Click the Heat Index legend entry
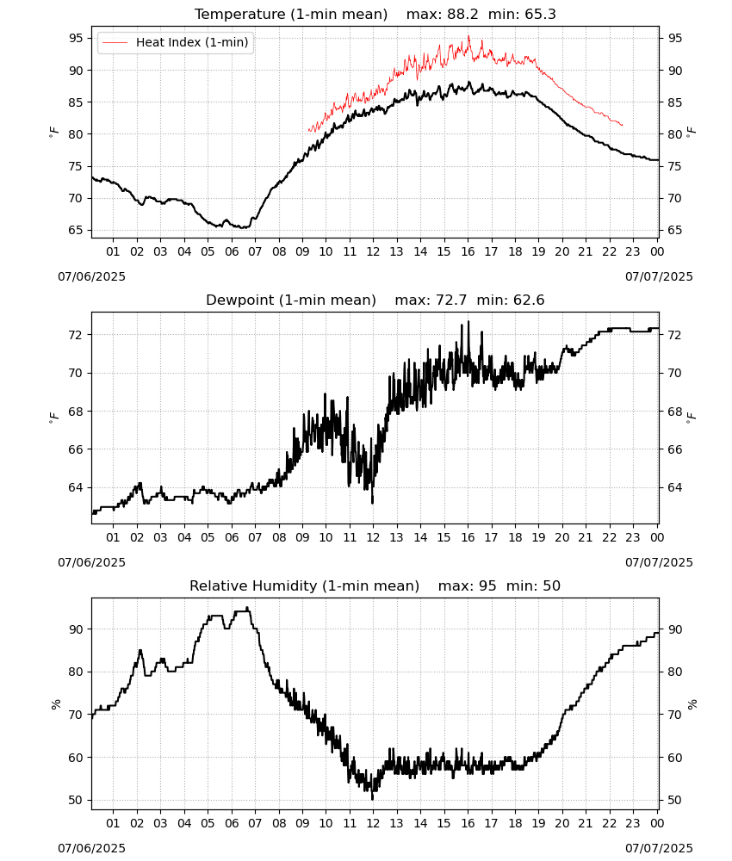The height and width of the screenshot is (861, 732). [176, 42]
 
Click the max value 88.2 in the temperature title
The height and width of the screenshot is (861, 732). [463, 15]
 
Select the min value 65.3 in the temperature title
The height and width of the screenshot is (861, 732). [540, 15]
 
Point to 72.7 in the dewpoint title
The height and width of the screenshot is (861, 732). [451, 300]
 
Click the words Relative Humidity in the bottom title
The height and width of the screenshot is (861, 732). [254, 585]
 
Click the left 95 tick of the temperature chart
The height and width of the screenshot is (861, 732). [77, 39]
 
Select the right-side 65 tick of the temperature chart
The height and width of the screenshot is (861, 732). [675, 230]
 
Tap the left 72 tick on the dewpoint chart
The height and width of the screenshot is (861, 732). [77, 335]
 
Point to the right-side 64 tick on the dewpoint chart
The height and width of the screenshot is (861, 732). [675, 487]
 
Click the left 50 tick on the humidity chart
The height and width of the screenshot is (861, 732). [77, 800]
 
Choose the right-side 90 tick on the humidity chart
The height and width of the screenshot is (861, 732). [675, 629]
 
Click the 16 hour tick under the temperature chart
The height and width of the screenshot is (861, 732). [468, 251]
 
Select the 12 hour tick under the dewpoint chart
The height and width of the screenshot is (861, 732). [374, 537]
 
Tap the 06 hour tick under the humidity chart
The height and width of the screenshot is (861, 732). [232, 823]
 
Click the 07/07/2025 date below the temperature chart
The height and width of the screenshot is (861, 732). [659, 276]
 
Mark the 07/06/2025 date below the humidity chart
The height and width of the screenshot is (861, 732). [91, 848]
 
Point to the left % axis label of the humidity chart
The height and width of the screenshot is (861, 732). [56, 704]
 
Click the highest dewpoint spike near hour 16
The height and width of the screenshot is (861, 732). [468, 322]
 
